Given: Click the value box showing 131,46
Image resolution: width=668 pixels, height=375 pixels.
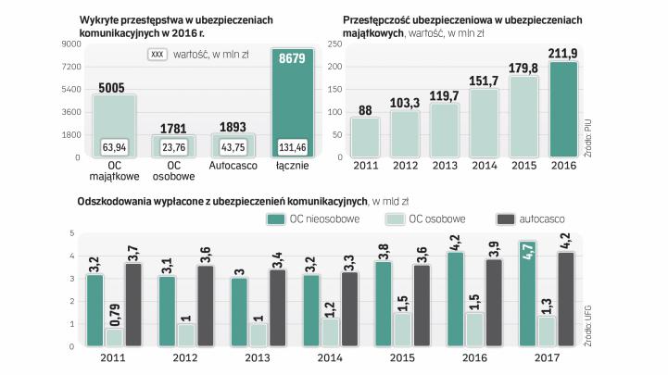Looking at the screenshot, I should click(x=296, y=146).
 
